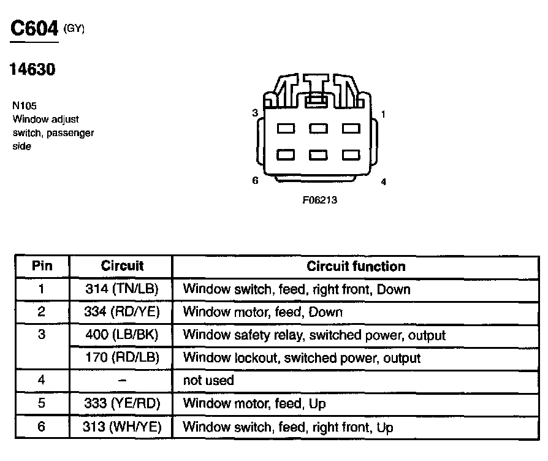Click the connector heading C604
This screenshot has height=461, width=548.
click(x=34, y=29)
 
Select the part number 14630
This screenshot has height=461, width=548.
click(x=32, y=70)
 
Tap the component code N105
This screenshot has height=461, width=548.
click(x=25, y=105)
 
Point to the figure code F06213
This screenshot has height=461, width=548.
click(x=320, y=200)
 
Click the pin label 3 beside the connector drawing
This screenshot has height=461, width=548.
click(x=254, y=113)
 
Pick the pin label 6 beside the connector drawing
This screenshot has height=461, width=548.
click(x=255, y=180)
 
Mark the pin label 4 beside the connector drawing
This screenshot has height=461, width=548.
click(x=384, y=181)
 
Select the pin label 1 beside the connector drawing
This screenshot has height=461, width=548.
click(x=383, y=114)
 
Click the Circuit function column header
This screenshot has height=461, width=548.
click(x=356, y=266)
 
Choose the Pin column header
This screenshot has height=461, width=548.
click(x=42, y=266)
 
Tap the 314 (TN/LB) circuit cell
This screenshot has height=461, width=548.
click(x=121, y=289)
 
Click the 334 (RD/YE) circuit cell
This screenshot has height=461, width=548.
click(x=121, y=312)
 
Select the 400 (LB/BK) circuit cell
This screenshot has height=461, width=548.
click(x=121, y=335)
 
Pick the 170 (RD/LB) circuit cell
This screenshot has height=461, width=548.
click(x=121, y=357)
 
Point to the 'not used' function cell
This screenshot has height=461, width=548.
click(x=208, y=380)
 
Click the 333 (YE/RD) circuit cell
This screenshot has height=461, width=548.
click(x=121, y=403)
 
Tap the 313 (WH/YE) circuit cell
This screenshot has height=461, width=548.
click(x=121, y=427)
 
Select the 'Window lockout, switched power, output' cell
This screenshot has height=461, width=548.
click(x=302, y=357)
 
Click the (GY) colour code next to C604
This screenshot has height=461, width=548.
click(x=74, y=28)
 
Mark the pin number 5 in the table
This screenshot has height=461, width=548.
click(x=41, y=403)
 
